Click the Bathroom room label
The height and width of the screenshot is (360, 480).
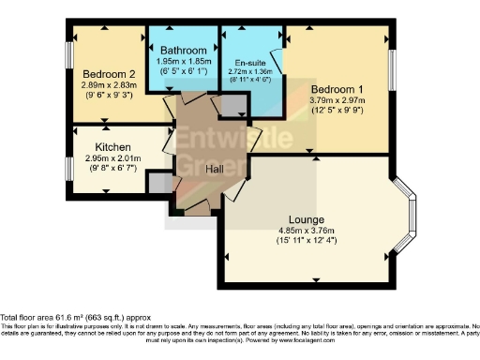183,50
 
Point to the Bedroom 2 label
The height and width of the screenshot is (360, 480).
110,74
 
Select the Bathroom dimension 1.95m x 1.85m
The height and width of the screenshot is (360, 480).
183,61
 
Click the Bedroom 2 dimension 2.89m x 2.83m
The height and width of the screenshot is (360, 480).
110,85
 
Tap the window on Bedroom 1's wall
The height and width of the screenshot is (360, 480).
391,74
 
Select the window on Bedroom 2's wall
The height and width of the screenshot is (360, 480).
68,64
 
